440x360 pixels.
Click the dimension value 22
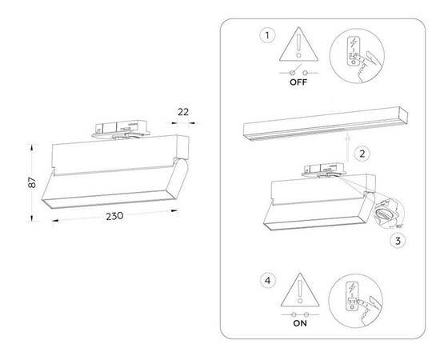click(x=183, y=112)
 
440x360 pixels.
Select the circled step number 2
click(x=362, y=152)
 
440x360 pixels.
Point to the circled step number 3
click(x=397, y=240)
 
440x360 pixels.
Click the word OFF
click(x=298, y=82)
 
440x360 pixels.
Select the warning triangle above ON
click(x=298, y=290)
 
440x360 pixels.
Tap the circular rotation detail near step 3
click(x=387, y=214)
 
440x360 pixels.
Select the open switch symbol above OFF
click(x=298, y=71)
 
